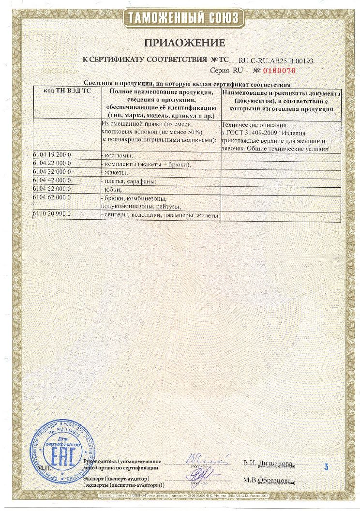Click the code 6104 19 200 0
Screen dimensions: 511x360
click(x=52, y=155)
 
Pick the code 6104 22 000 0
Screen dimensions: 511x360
click(x=52, y=164)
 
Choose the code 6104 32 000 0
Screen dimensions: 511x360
click(x=52, y=172)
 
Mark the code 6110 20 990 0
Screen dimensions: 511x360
click(x=52, y=214)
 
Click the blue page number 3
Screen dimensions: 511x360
click(x=326, y=467)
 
